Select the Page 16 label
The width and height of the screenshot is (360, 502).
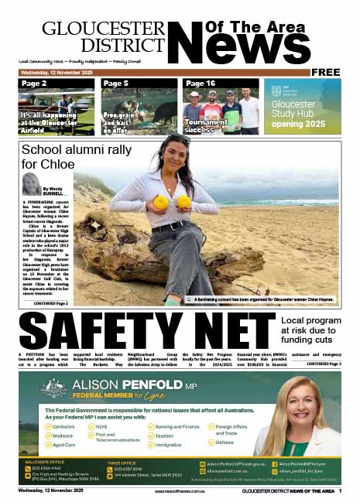pyautogui.click(x=200, y=83)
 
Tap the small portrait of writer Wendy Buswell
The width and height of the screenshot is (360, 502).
pyautogui.click(x=33, y=183)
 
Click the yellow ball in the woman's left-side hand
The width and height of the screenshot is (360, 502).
pyautogui.click(x=161, y=203)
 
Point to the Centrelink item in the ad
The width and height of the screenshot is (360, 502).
pyautogui.click(x=63, y=426)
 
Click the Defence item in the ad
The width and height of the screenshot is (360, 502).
pyautogui.click(x=225, y=442)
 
